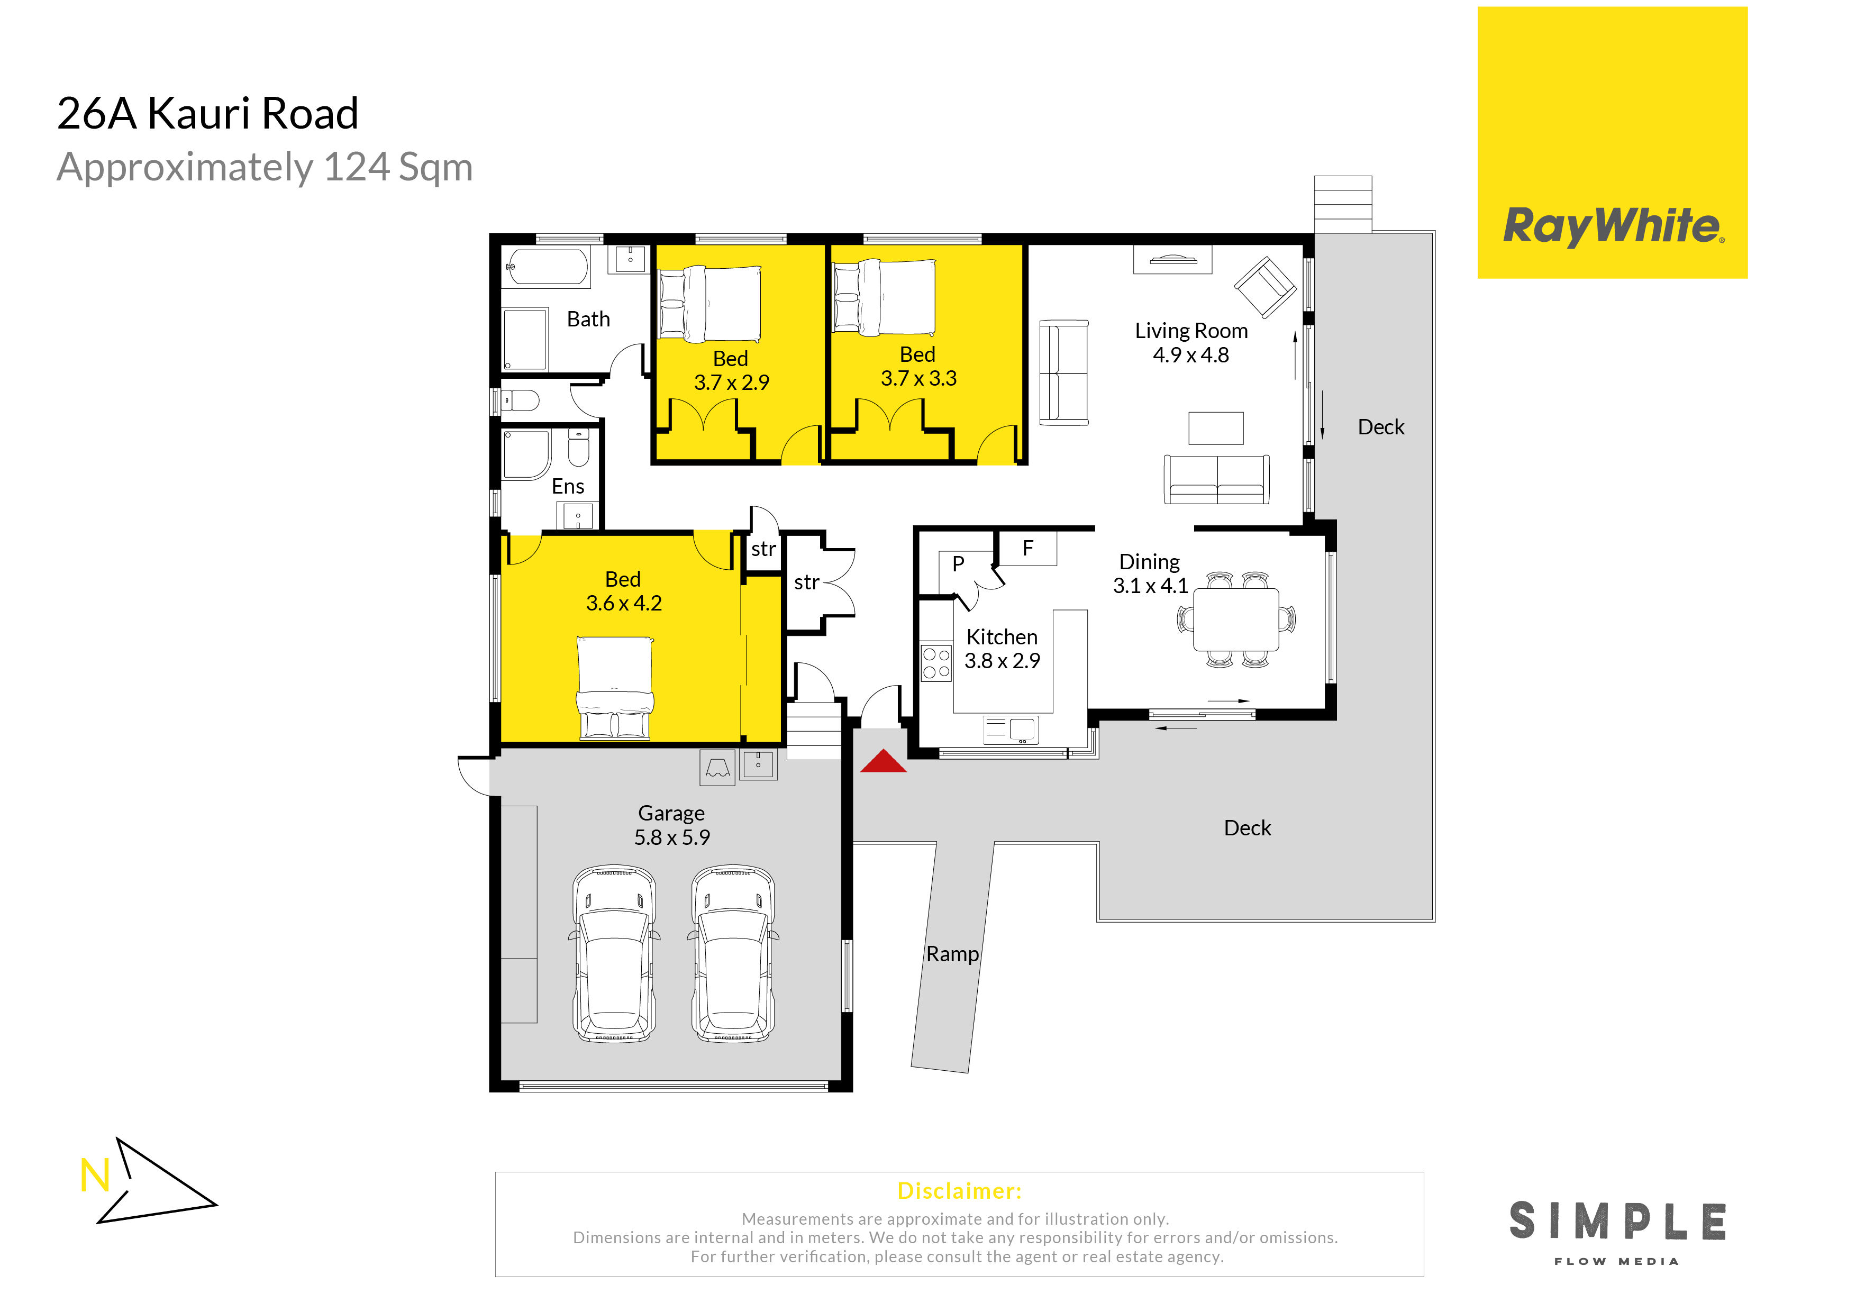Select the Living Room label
point(1191,331)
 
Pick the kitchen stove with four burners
point(936,662)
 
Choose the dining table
point(1236,619)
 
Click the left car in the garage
point(614,954)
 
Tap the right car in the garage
point(733,954)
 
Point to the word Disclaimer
point(960,1191)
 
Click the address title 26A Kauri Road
point(208,113)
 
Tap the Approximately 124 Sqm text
point(265,167)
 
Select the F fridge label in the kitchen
point(1027,548)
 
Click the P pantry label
point(958,563)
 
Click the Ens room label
point(568,487)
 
